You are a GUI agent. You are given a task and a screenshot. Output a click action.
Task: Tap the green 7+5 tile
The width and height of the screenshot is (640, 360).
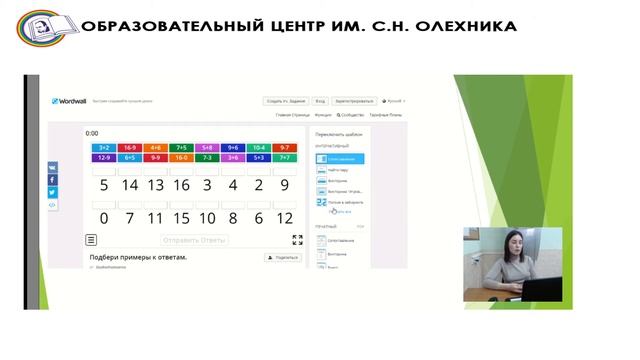[x=180, y=147]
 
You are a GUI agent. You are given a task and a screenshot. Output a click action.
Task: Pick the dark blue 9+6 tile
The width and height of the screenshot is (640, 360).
[x=232, y=147]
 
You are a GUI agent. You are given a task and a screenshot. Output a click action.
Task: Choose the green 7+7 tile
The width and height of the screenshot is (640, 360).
[x=284, y=157]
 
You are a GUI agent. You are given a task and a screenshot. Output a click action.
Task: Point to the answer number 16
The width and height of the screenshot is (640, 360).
[x=180, y=185]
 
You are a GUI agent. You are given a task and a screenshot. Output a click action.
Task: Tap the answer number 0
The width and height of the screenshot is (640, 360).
[x=102, y=218]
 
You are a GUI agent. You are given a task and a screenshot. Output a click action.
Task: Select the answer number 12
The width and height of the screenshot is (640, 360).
[x=284, y=218]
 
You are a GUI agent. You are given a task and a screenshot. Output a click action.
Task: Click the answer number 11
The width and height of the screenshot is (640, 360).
[x=154, y=218]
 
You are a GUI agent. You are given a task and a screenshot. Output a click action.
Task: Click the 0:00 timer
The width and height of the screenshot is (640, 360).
[x=92, y=133]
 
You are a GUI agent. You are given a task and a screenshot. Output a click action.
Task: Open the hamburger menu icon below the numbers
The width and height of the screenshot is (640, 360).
[x=92, y=240]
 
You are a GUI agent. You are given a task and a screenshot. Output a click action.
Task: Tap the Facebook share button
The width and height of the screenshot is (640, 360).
[x=53, y=180]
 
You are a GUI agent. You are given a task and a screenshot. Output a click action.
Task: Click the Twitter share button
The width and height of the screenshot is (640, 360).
[x=53, y=192]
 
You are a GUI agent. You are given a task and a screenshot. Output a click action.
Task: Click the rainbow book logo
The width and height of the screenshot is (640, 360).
[x=39, y=28]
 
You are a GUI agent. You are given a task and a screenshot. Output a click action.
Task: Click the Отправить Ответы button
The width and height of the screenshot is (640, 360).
[x=194, y=240]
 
